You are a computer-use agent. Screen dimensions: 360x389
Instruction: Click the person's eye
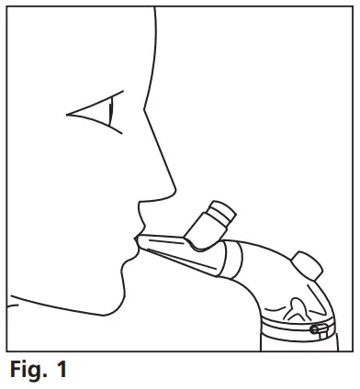[x=96, y=115]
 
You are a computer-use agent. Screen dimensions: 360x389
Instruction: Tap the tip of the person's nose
[x=174, y=193]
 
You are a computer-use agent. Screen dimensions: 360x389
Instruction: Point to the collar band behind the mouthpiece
[x=234, y=258]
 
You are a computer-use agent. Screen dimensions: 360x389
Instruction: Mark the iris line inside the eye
[x=110, y=115]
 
